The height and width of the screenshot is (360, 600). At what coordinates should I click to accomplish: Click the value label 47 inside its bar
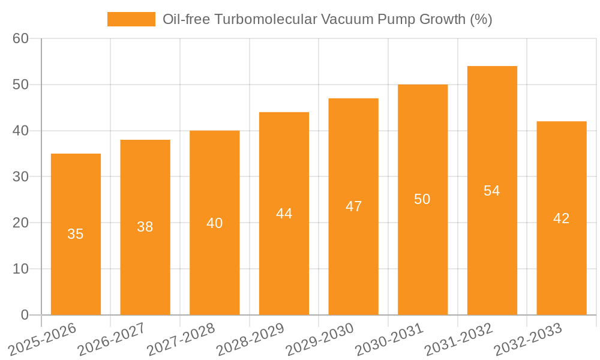[353, 206]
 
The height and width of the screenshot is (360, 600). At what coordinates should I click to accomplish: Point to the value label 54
[492, 191]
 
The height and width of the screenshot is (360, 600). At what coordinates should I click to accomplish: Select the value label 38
[145, 227]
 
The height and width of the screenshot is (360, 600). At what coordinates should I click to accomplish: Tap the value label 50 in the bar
[422, 199]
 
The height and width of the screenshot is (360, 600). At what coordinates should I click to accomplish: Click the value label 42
[562, 218]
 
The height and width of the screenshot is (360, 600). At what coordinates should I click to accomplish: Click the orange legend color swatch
[131, 19]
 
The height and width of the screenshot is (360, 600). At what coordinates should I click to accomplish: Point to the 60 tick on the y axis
[21, 38]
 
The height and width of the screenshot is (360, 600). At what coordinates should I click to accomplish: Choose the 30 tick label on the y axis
[21, 177]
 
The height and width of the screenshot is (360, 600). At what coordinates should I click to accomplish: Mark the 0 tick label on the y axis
[25, 315]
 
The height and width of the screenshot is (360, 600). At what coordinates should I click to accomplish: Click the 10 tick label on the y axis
[21, 269]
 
